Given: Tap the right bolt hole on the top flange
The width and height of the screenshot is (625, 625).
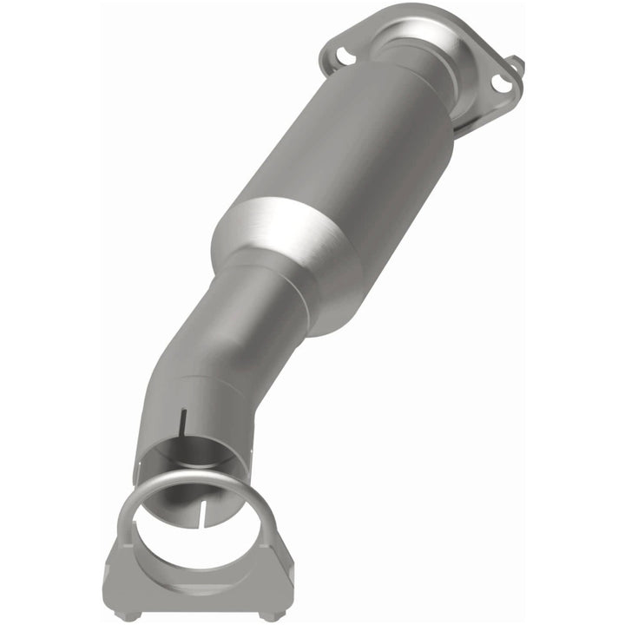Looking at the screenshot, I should (501, 83).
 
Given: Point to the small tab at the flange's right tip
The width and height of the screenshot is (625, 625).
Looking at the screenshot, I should (517, 65).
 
